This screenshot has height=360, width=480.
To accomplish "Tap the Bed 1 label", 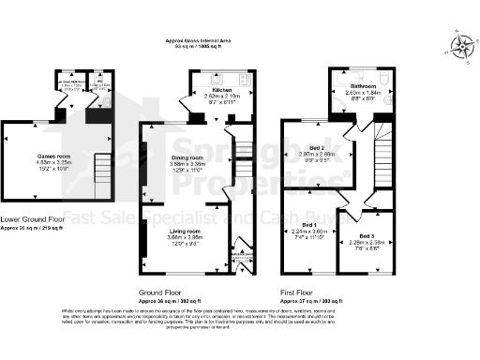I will tap(307, 225).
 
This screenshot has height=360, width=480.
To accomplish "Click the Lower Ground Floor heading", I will tap(33, 218).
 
